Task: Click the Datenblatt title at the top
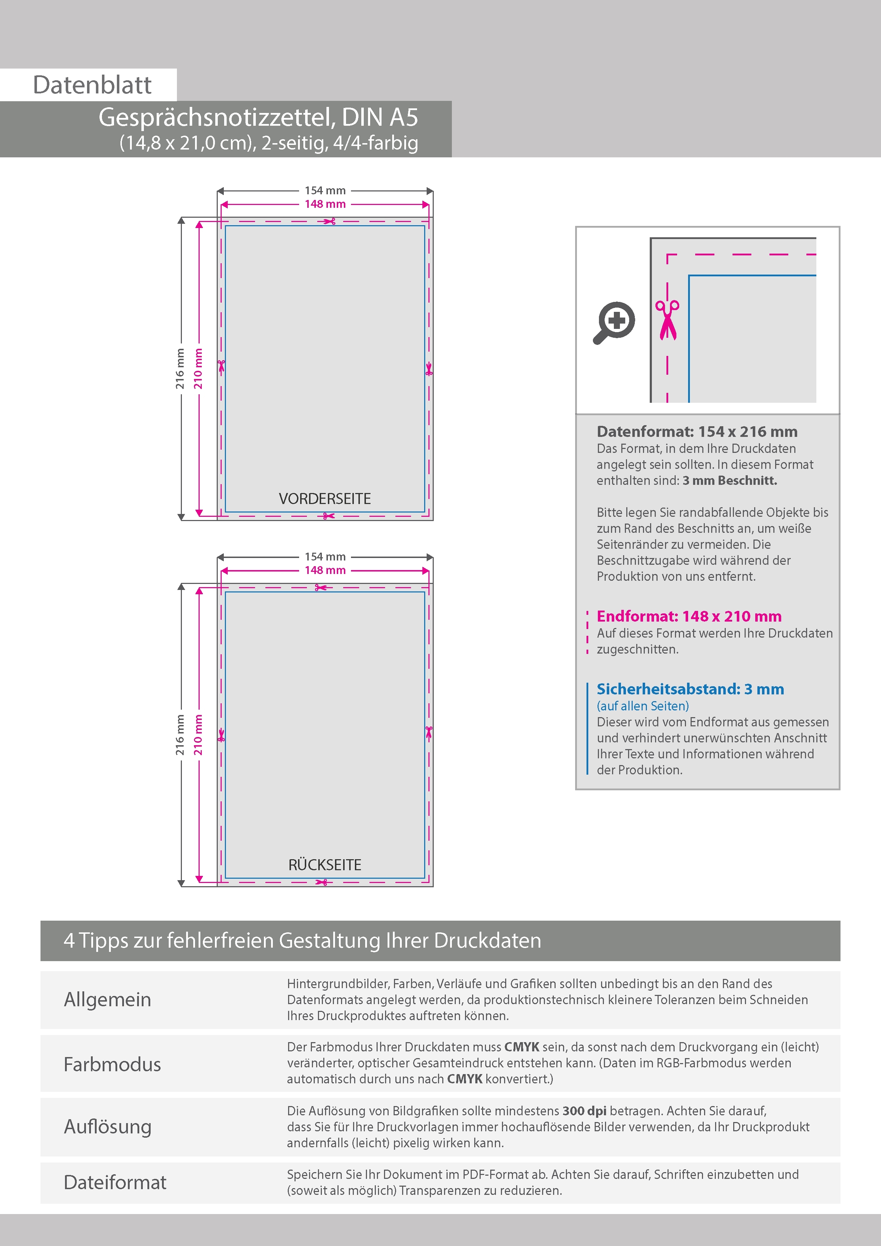[92, 85]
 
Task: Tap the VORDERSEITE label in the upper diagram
[325, 499]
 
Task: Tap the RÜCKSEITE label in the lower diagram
[325, 865]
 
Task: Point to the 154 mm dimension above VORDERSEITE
[325, 190]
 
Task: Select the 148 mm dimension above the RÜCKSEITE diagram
[325, 570]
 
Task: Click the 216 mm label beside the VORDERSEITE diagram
[180, 369]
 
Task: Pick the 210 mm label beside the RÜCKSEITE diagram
[199, 735]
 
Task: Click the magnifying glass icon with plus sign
[614, 323]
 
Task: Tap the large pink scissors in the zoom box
[667, 320]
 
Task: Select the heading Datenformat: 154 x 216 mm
[697, 432]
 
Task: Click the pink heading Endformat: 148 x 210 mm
[689, 617]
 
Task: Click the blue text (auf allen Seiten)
[643, 706]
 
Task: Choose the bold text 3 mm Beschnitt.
[730, 481]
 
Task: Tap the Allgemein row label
[108, 999]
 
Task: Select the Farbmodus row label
[112, 1065]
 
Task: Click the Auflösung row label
[108, 1127]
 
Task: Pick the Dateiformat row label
[115, 1182]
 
